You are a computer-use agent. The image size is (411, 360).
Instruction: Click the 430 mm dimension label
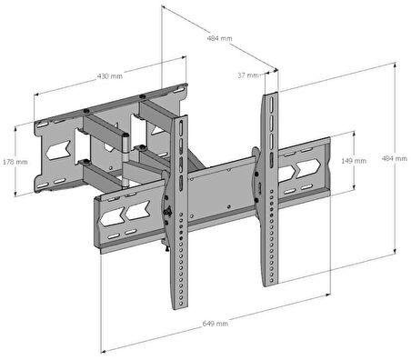click(x=110, y=76)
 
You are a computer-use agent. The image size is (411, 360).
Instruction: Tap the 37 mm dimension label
click(x=248, y=75)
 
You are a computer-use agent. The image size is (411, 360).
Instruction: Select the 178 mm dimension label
click(x=15, y=162)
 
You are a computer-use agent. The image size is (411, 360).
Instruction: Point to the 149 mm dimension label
click(x=354, y=161)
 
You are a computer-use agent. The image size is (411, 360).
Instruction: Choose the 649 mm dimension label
click(x=216, y=324)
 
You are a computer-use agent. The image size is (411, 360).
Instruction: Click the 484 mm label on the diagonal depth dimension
click(x=219, y=38)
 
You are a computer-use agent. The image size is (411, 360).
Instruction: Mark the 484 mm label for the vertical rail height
click(x=394, y=158)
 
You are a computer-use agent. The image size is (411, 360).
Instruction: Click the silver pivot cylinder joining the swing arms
click(x=125, y=161)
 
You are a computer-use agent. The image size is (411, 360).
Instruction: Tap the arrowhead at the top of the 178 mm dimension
click(x=15, y=126)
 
